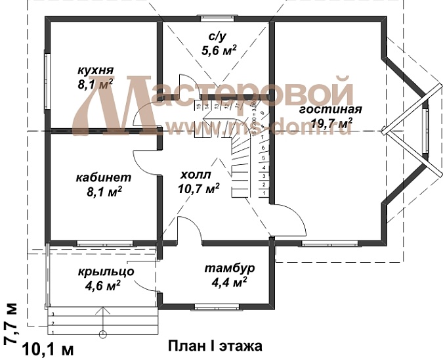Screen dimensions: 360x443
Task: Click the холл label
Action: pos(196,175)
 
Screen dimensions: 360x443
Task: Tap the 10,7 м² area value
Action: pos(198,189)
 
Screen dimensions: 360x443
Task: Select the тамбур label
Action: pos(229,269)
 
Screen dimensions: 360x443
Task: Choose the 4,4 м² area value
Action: pos(229,282)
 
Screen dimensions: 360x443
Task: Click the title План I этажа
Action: pos(215,345)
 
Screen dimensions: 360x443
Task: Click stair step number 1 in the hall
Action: pos(263,194)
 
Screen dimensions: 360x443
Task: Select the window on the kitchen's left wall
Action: pos(47,80)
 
